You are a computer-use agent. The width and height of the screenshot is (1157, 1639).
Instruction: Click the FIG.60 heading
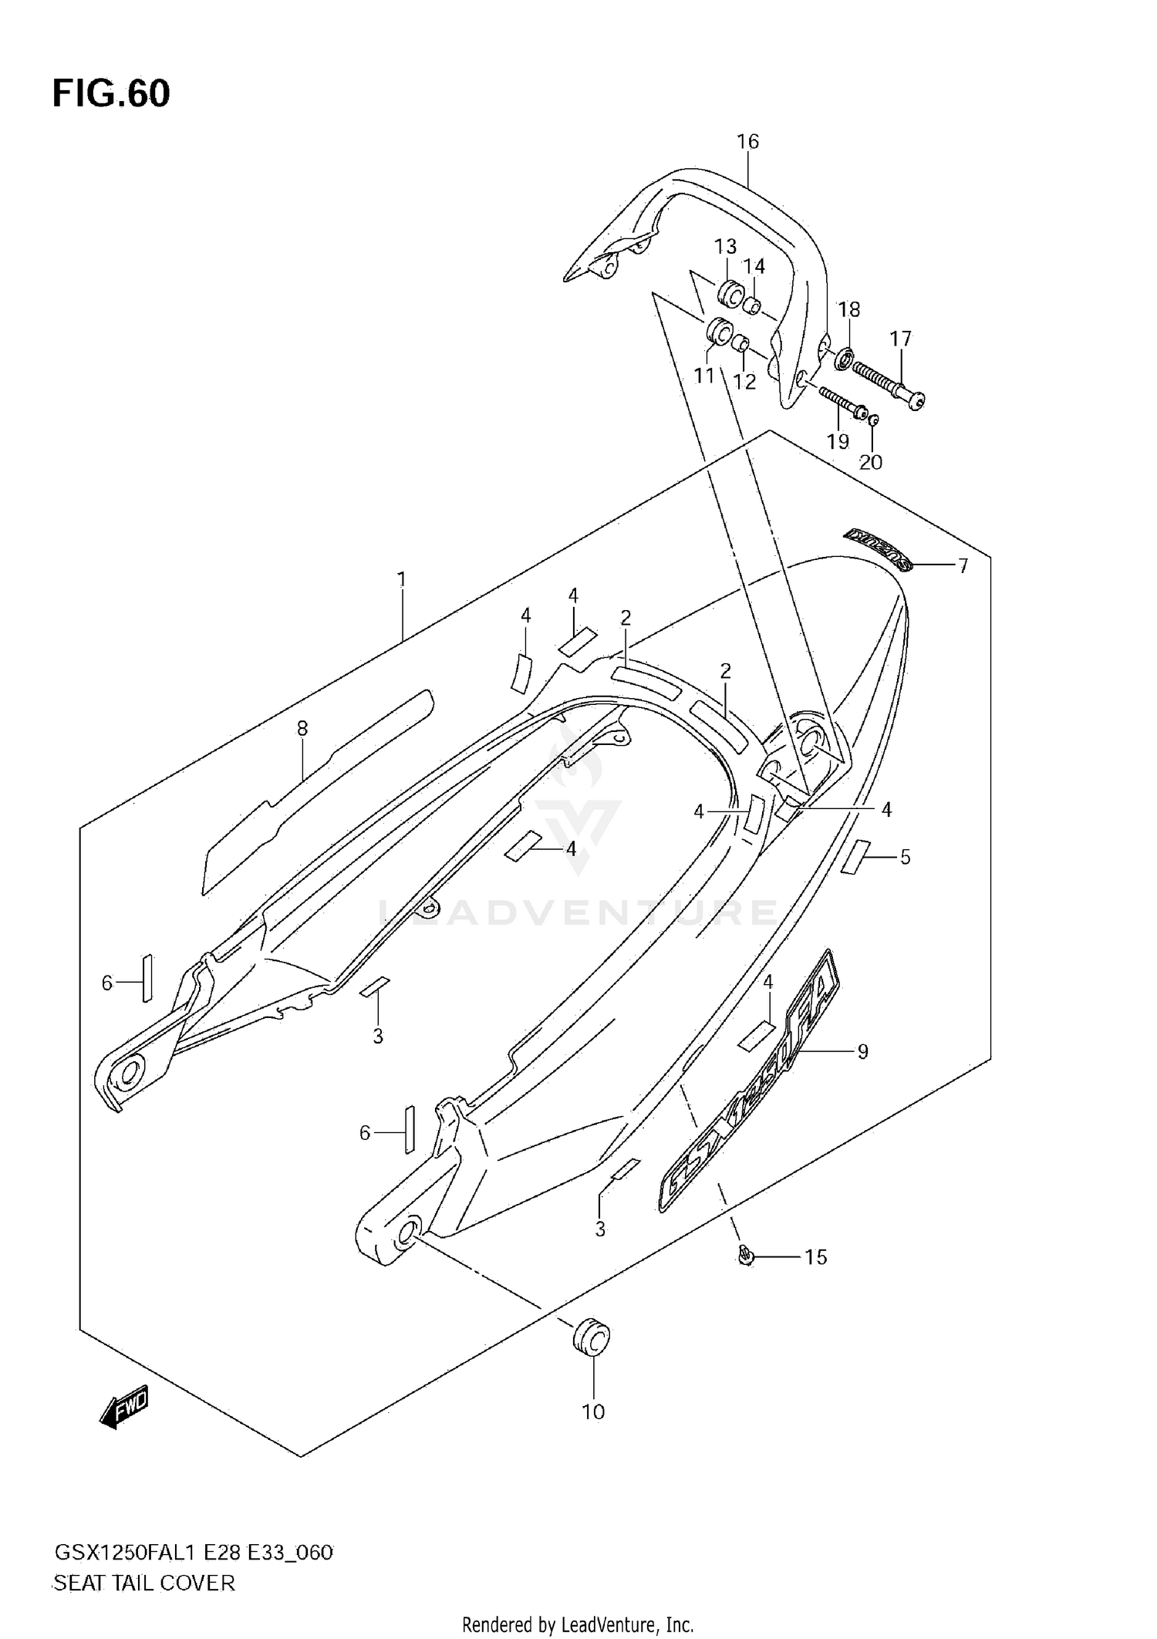111,93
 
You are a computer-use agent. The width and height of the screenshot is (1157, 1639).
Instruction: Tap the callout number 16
747,141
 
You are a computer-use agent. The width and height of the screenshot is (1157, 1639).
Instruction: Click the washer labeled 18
845,359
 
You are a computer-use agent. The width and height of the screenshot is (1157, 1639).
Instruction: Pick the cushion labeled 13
729,294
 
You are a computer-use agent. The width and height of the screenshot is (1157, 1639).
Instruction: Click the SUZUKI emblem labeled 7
878,550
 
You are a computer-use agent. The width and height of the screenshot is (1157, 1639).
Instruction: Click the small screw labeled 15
745,1257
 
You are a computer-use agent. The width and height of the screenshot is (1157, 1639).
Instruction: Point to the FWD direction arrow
123,1409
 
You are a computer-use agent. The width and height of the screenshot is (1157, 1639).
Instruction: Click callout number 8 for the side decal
302,728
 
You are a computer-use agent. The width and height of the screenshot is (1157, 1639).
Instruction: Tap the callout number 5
905,857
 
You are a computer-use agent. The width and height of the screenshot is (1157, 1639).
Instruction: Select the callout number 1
401,578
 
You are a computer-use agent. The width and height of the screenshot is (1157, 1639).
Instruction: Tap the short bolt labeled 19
843,401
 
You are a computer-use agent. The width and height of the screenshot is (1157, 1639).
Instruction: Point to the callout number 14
754,266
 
